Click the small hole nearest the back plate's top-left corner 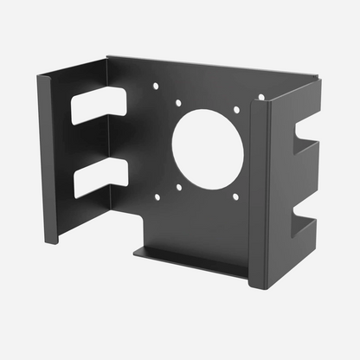coord(156,86)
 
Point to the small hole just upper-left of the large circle coord(178,103)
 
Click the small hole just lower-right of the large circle coord(235,196)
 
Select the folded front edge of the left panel coord(48,156)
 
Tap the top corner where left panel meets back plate coord(108,60)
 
